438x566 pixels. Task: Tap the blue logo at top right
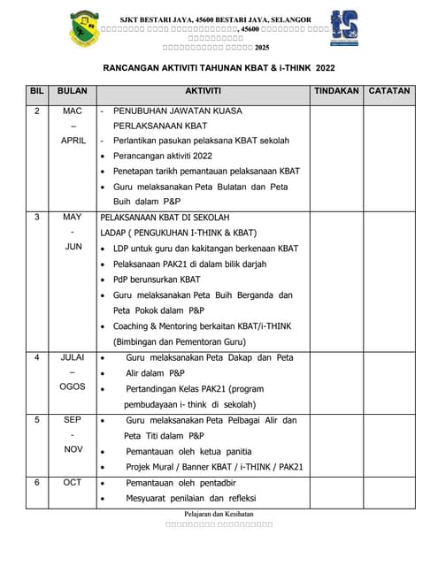344,27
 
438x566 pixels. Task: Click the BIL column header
36,91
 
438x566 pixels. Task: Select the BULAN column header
73,91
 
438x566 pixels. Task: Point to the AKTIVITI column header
204,91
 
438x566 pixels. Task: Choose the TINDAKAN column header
336,91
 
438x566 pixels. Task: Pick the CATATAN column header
389,91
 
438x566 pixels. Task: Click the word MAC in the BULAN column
73,111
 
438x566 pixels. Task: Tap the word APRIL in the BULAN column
73,141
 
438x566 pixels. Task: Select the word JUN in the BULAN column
73,247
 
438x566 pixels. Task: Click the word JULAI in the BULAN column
73,357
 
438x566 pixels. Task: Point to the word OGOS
73,386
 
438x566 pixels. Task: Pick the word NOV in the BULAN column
73,449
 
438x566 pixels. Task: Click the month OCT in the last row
73,483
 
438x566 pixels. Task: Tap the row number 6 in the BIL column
36,483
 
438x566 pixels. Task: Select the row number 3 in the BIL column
36,217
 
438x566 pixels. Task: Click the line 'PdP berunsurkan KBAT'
157,279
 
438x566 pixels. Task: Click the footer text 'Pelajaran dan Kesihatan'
219,514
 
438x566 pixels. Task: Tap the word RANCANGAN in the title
140,67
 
